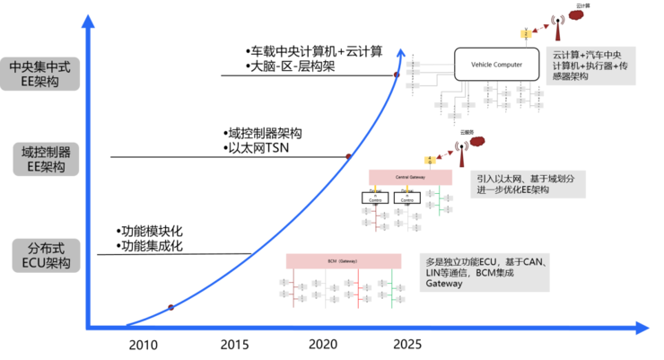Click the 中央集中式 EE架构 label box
(x=40, y=75)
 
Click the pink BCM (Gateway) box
(x=344, y=260)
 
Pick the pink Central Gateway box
(x=409, y=177)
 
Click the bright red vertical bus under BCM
(x=357, y=288)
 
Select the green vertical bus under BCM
(x=391, y=288)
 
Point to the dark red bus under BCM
(x=293, y=288)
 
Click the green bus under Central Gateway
(x=439, y=201)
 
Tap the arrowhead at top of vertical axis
(x=88, y=20)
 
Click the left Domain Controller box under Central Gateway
(x=376, y=198)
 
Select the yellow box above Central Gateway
(x=430, y=161)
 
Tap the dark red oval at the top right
(x=576, y=14)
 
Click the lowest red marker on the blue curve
(x=170, y=306)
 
